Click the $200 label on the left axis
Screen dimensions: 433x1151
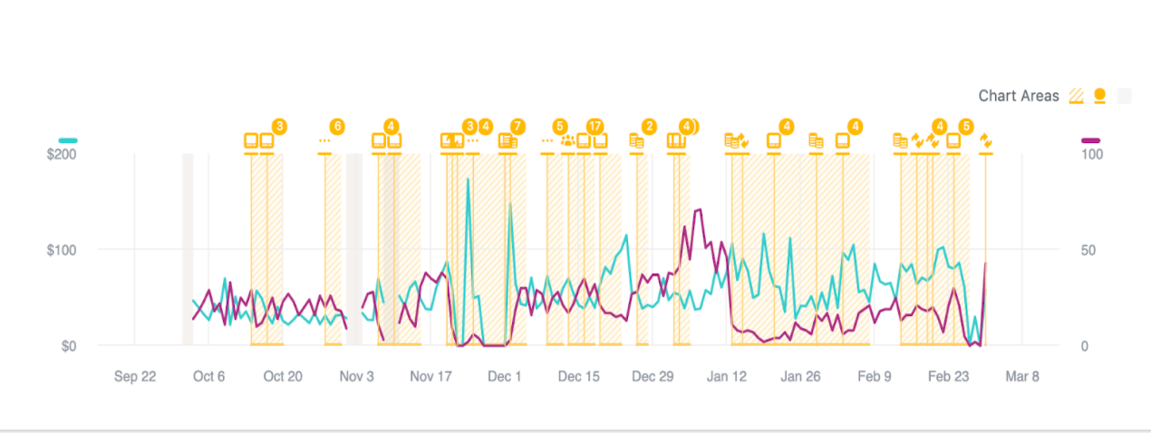[62, 155]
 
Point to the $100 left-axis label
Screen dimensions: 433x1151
[62, 250]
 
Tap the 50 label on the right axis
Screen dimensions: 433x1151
[1090, 250]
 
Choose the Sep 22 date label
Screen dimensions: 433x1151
[135, 377]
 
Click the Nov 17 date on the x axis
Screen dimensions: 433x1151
[430, 377]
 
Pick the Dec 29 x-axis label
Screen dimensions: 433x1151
[653, 377]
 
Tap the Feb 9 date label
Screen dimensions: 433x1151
[875, 377]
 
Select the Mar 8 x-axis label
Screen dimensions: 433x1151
[1022, 377]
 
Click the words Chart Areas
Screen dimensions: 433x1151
[1019, 96]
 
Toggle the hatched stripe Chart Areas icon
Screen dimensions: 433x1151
[1078, 96]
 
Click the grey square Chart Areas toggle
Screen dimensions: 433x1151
[1125, 96]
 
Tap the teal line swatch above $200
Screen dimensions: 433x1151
[68, 140]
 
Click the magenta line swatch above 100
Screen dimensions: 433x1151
[1091, 140]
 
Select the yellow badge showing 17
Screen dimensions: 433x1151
[595, 126]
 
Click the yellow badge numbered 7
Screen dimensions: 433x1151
[517, 126]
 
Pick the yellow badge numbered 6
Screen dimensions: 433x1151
[337, 126]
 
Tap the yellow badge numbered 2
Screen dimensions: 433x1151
[649, 126]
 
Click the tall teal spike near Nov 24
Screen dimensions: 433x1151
[469, 180]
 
